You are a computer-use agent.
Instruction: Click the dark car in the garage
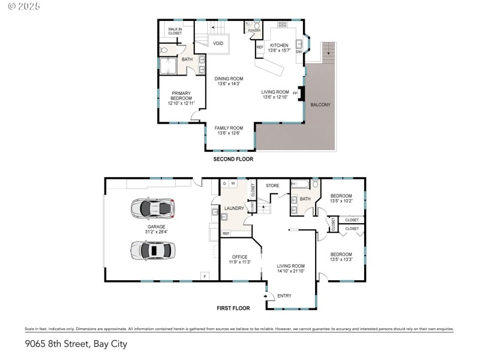tap(152, 208)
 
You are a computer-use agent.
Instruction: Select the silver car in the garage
tap(152, 249)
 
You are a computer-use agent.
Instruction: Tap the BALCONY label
tap(320, 105)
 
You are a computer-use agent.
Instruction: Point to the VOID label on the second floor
tap(218, 44)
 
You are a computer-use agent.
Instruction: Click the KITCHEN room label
tap(279, 46)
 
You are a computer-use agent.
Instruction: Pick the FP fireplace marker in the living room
tap(295, 93)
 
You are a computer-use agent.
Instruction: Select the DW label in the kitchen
tap(299, 52)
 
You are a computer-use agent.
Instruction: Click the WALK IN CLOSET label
tap(175, 31)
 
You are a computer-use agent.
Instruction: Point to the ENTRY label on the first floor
tap(284, 295)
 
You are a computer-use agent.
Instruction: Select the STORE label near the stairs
tap(273, 185)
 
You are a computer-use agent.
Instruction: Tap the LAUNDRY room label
tap(234, 208)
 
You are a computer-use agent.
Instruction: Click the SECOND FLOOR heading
tap(233, 160)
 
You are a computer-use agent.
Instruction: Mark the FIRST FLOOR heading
tap(233, 308)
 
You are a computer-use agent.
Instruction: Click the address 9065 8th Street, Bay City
tap(76, 344)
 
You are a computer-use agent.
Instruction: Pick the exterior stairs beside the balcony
tap(327, 52)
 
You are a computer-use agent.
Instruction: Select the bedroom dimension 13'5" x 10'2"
tap(341, 202)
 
